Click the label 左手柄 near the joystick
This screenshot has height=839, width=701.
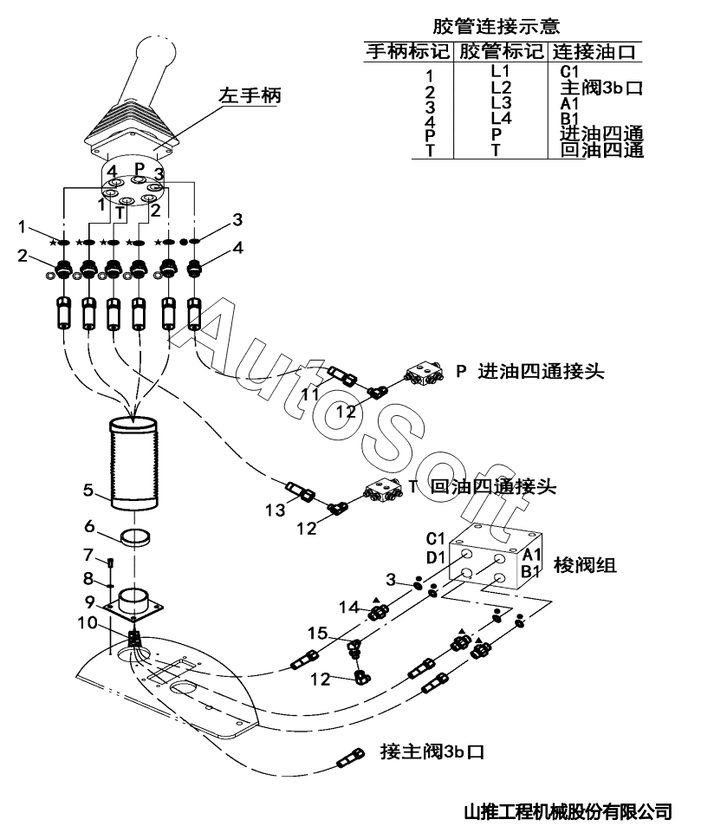pos(250,95)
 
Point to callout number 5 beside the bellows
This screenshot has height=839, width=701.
pos(88,491)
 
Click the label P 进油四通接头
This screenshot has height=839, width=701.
pos(529,372)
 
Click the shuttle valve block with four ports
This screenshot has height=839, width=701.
pos(491,563)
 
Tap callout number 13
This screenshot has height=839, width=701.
pos(275,511)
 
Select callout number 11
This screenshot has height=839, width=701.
pos(310,395)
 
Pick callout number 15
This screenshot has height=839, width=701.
pos(321,634)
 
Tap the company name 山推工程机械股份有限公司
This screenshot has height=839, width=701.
pos(568,812)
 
